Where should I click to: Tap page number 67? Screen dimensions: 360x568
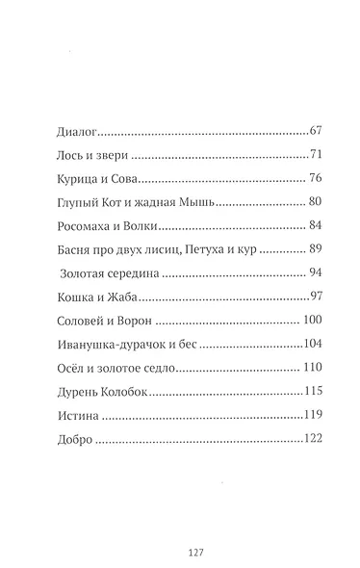pyautogui.click(x=321, y=128)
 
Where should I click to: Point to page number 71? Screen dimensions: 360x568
pyautogui.click(x=321, y=154)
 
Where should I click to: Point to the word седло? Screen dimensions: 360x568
pyautogui.click(x=152, y=369)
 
